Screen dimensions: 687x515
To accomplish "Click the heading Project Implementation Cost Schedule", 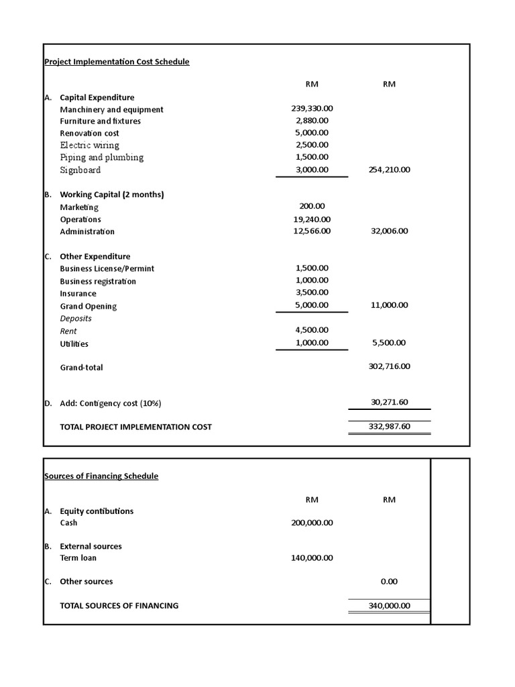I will click(117, 62).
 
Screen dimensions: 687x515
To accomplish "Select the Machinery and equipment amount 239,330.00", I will click(312, 109).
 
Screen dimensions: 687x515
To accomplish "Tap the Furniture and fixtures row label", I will click(100, 121).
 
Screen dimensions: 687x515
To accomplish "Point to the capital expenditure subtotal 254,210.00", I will click(389, 170).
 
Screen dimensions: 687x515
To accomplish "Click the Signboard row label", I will click(80, 170).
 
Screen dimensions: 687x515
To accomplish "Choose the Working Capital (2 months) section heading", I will click(111, 195).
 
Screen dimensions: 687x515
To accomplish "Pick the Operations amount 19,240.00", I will click(312, 219).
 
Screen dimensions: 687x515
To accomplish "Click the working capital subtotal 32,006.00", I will click(389, 231).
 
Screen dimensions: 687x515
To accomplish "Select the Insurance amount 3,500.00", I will click(312, 293).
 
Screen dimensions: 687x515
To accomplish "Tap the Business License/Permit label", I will click(107, 268).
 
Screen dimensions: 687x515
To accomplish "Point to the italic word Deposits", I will click(76, 319).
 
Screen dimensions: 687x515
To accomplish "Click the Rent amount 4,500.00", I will click(312, 330).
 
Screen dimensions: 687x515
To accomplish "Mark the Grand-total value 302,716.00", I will click(389, 366).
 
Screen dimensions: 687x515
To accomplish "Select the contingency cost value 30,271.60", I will click(389, 403).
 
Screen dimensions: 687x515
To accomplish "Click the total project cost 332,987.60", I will click(389, 426).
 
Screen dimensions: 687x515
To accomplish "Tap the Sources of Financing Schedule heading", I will click(101, 476).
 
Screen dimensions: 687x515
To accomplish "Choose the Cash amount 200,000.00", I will click(312, 523).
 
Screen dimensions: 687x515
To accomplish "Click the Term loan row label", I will click(78, 558).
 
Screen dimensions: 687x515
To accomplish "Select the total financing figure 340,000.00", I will click(389, 606).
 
